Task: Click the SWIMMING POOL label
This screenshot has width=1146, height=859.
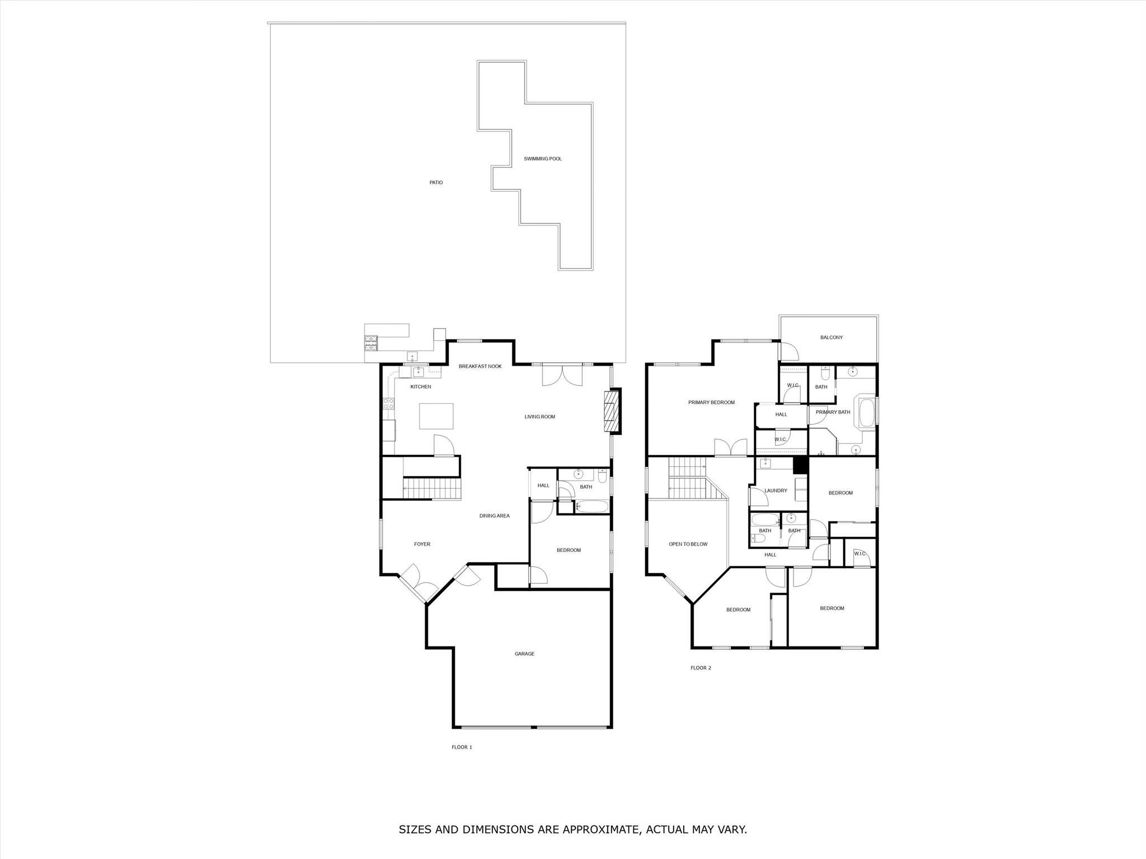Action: pos(542,159)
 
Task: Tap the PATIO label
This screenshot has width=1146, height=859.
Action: pos(436,182)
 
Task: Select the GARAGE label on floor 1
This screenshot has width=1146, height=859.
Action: pos(524,654)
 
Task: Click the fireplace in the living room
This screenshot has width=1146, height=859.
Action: pos(612,412)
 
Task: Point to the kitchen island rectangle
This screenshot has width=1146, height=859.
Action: pos(436,416)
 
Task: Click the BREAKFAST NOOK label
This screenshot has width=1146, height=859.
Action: pos(480,366)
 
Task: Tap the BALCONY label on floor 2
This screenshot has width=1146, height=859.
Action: pos(831,337)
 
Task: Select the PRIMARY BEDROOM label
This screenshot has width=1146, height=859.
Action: pos(711,402)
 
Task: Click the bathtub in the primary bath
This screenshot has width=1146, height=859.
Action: pos(866,413)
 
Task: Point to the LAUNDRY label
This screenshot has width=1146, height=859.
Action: pos(776,490)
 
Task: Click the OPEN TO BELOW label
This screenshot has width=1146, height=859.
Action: pos(688,544)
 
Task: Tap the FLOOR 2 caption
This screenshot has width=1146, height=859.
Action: pos(701,668)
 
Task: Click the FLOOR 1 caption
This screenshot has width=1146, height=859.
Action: pos(462,747)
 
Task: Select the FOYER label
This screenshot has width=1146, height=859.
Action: pos(422,544)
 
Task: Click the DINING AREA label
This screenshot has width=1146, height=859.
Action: pos(494,516)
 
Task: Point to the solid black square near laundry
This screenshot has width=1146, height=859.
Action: pos(800,465)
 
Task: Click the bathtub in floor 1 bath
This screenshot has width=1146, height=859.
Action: pos(591,507)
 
